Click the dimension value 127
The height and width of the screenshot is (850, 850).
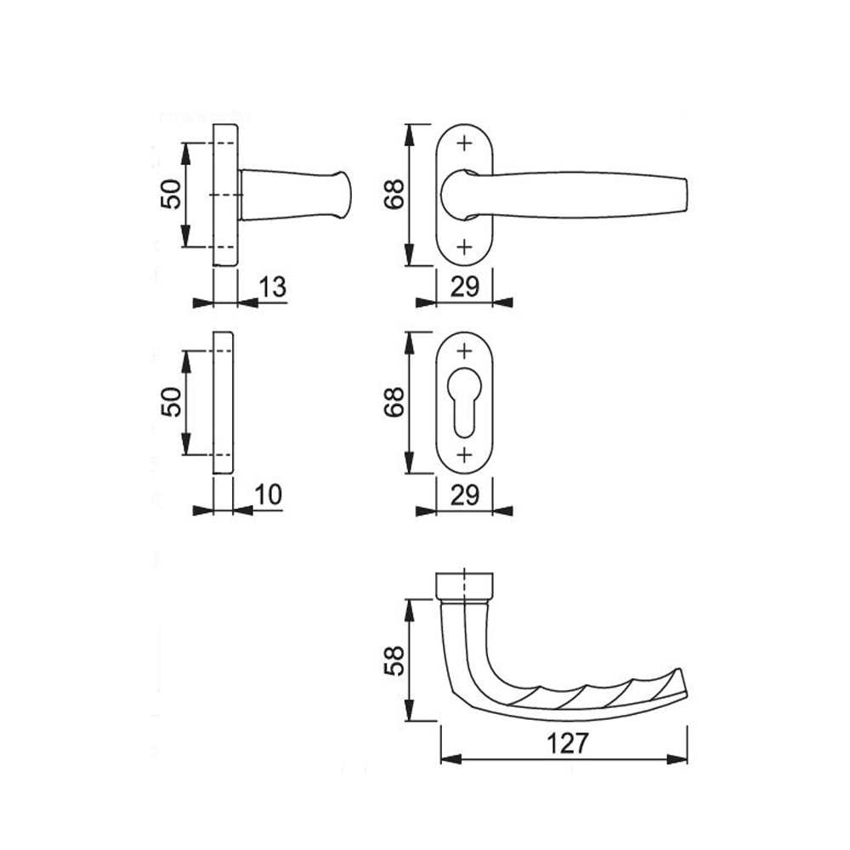coord(567,743)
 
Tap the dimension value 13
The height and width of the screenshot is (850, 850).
coord(272,286)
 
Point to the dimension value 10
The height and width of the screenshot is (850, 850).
coord(269,495)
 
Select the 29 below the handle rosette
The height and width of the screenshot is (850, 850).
coord(465,286)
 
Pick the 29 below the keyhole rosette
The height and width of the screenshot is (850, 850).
coord(465,495)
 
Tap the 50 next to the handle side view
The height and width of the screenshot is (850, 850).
coord(172,194)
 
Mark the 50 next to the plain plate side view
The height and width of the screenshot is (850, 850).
coord(172,402)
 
